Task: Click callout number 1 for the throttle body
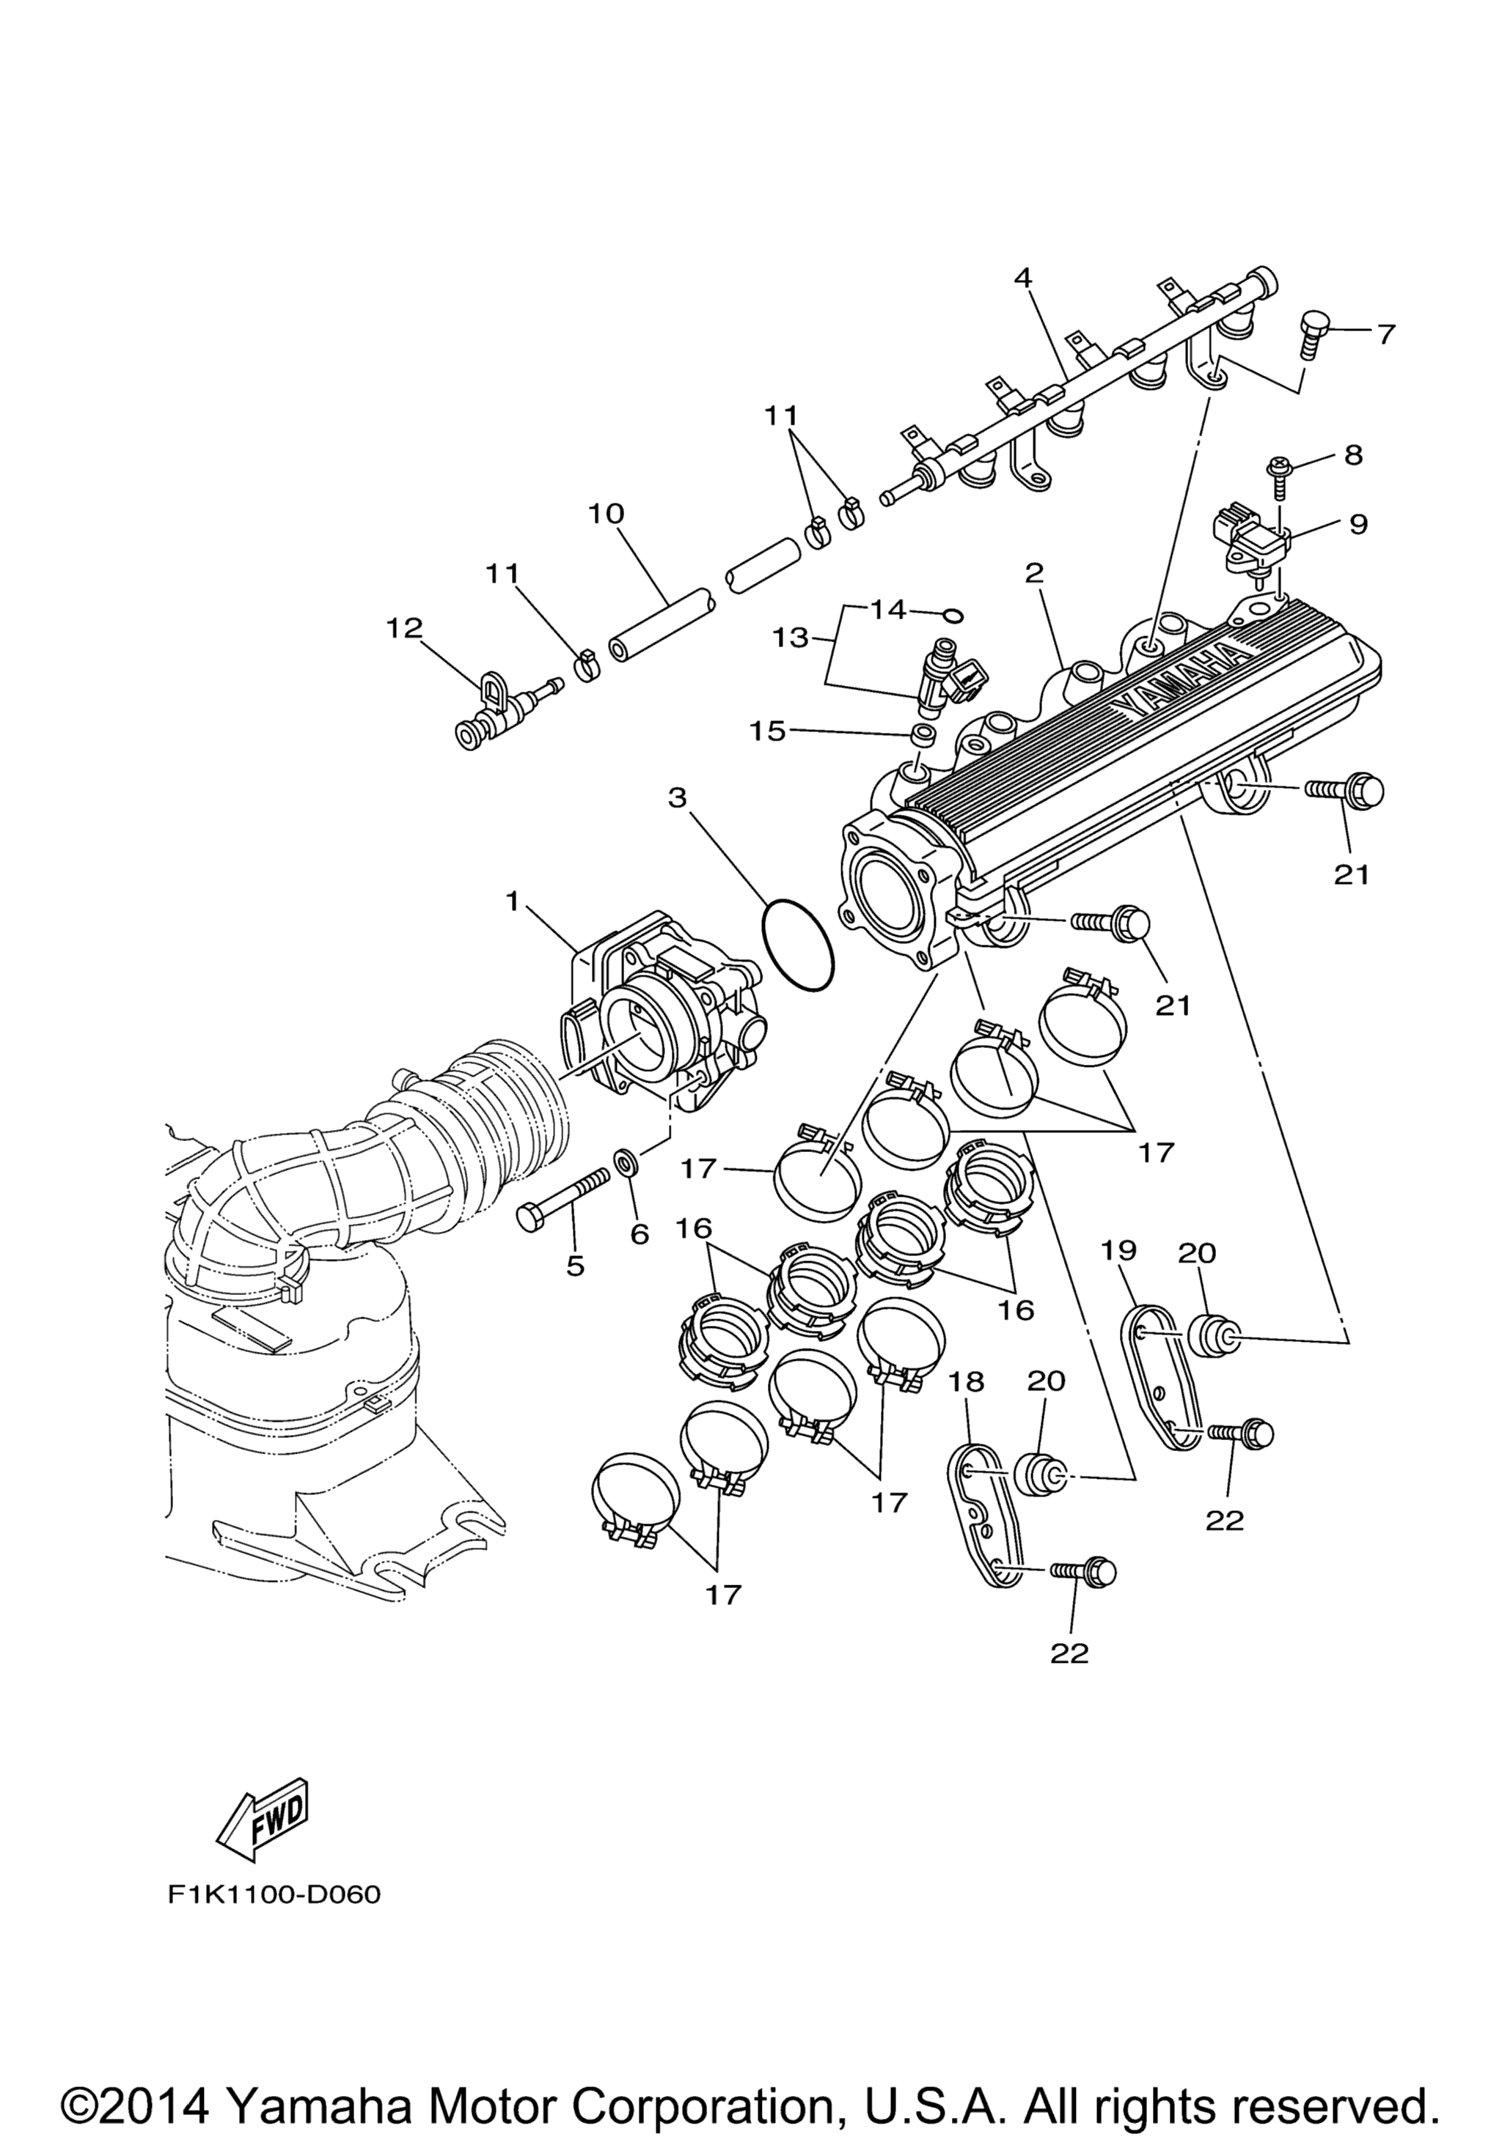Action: point(511,901)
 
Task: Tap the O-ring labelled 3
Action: point(797,945)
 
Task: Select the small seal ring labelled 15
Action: point(923,735)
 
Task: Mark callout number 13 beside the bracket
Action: point(790,638)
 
